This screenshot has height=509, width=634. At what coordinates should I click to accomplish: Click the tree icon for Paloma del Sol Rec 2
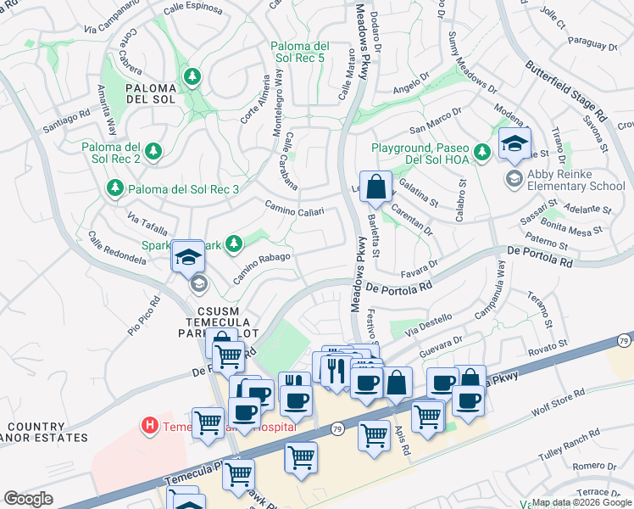click(x=153, y=151)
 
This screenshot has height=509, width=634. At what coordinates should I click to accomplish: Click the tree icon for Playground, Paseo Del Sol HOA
click(x=482, y=152)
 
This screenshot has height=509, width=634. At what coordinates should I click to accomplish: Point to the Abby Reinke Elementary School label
click(x=576, y=180)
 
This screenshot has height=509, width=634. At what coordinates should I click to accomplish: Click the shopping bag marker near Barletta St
click(x=376, y=187)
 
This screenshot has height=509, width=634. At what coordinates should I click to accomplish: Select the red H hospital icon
click(x=150, y=425)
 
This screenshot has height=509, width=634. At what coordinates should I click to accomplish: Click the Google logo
click(x=28, y=498)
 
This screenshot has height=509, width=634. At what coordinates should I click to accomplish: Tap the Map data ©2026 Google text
click(x=581, y=502)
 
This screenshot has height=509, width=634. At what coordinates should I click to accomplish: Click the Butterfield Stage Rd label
click(x=566, y=90)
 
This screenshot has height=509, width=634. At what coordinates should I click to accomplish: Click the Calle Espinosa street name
click(x=193, y=9)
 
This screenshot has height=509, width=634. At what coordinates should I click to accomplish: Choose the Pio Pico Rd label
click(x=143, y=315)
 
